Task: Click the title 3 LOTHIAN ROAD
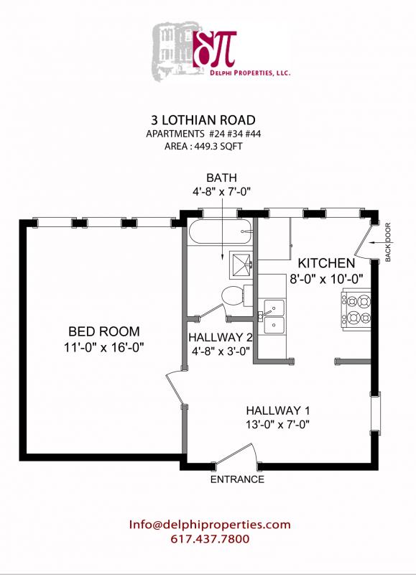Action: click(208, 119)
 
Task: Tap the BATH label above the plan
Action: click(221, 178)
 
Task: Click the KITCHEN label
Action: click(326, 262)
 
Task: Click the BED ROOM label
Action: click(104, 331)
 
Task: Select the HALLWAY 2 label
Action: click(219, 336)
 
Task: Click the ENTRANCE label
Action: click(236, 479)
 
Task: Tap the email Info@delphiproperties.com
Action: click(210, 524)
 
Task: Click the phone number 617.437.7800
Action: click(210, 539)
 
